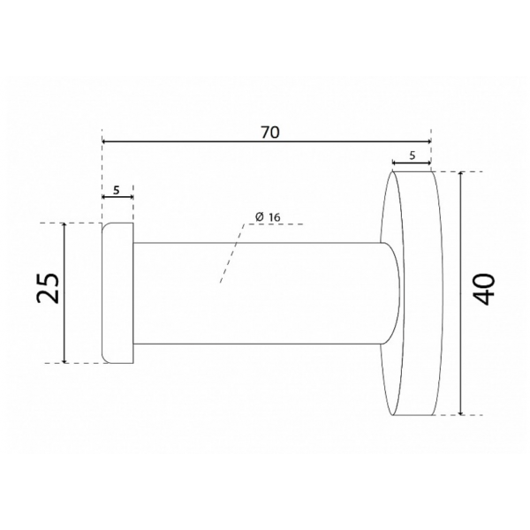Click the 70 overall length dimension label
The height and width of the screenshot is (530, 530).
270,132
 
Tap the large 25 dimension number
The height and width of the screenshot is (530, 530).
48,288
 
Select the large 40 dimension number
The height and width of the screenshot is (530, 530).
483,290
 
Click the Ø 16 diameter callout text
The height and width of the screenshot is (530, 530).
268,216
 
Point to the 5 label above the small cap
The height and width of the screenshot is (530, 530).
117,190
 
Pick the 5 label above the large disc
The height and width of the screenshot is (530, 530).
412,155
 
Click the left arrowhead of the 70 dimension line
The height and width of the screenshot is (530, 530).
104,141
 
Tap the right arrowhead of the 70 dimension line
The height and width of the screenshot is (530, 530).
428,141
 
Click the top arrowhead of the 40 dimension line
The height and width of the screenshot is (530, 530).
460,174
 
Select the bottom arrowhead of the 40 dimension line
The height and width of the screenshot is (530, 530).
460,412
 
